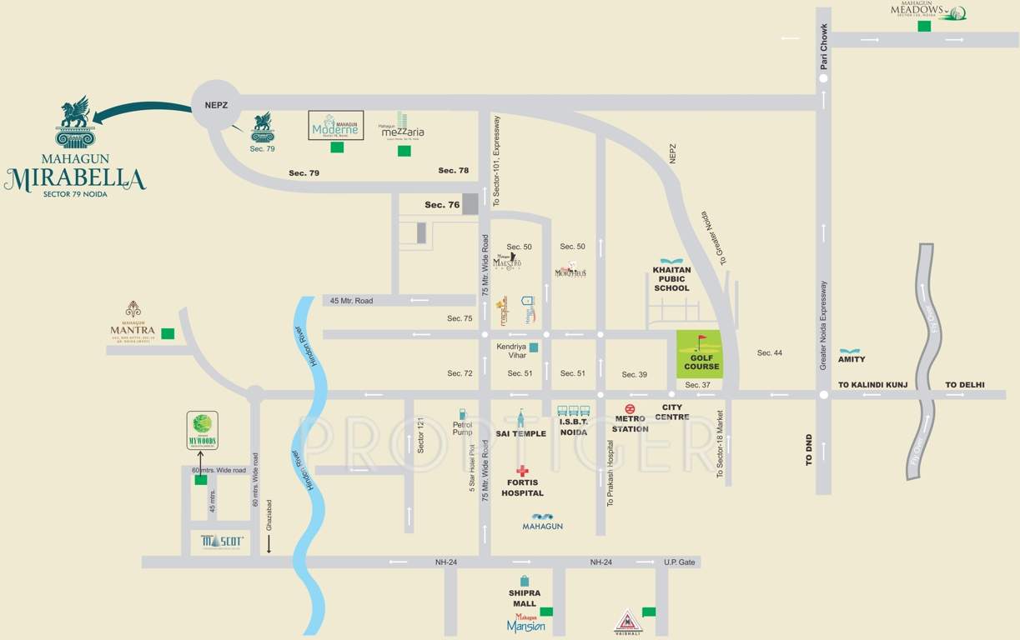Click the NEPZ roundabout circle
click(217, 104)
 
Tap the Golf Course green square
click(700, 354)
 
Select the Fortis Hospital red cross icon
click(522, 471)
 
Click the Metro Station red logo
click(630, 408)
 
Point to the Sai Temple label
click(520, 433)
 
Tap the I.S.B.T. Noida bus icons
click(573, 411)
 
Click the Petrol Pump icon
click(461, 414)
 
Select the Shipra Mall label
click(525, 597)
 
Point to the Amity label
click(852, 359)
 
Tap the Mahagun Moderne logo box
click(336, 125)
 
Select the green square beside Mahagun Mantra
click(168, 333)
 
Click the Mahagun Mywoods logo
click(203, 430)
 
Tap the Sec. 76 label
click(442, 204)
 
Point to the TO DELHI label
click(964, 385)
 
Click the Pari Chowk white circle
click(823, 78)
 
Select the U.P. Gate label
click(679, 562)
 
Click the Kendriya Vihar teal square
click(534, 347)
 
